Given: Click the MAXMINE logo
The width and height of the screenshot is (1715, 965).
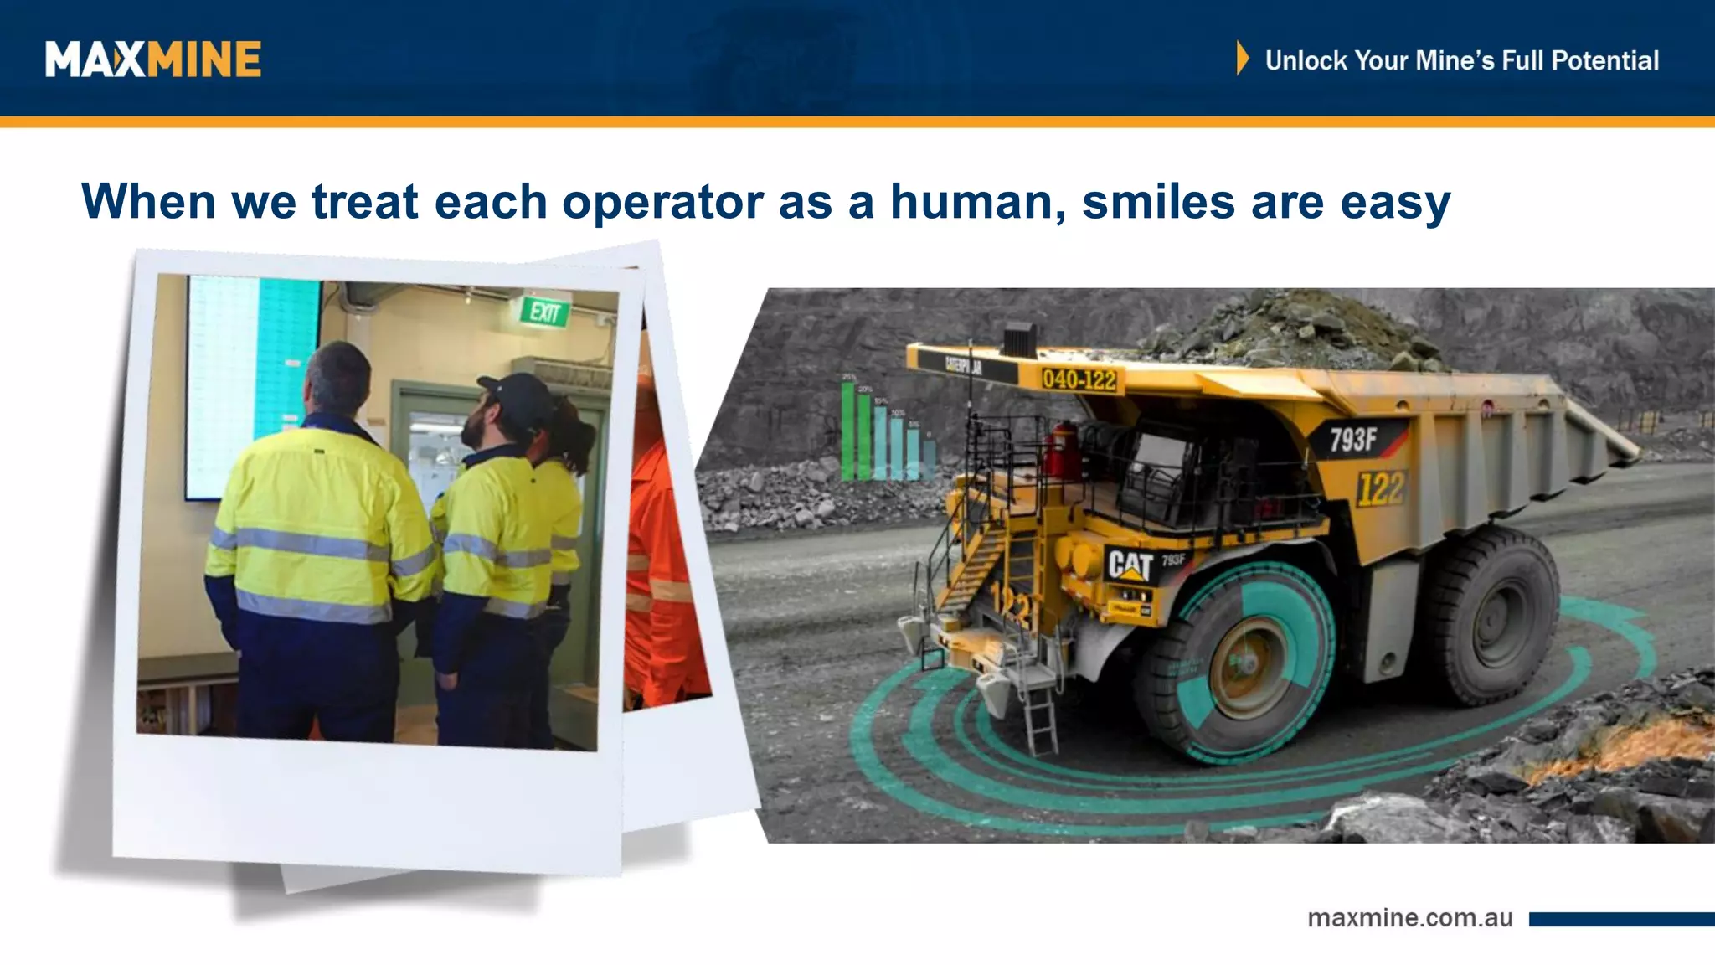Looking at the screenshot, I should [x=153, y=59].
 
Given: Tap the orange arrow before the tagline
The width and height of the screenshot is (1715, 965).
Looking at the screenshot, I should [x=1242, y=59].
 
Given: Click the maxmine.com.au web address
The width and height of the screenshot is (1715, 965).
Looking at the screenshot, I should [x=1409, y=918].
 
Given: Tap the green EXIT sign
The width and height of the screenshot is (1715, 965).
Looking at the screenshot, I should [x=544, y=312].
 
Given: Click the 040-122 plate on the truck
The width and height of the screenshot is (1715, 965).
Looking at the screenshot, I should [x=1079, y=379].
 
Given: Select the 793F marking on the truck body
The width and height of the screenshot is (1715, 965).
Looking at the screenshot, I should [x=1353, y=439].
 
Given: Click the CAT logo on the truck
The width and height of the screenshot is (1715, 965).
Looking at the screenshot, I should [x=1130, y=565].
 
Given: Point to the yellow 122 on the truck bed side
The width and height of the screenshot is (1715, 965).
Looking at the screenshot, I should [x=1380, y=488].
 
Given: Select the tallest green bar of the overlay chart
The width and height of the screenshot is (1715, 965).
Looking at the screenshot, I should [x=848, y=431].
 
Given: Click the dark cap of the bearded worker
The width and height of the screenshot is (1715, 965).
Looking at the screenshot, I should [x=518, y=394].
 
